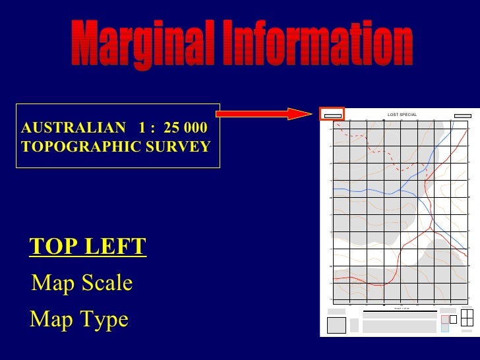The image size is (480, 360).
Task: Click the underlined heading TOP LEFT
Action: click(x=88, y=247)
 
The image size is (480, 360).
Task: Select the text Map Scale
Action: click(x=82, y=284)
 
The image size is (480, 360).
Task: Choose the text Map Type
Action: click(x=79, y=320)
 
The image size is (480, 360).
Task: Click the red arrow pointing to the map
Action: click(x=264, y=113)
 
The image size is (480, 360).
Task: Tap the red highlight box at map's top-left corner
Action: click(x=332, y=114)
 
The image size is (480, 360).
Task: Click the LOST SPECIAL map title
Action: click(x=402, y=115)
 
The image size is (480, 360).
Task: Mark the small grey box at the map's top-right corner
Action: click(x=463, y=115)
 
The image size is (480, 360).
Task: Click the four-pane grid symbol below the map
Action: click(x=467, y=318)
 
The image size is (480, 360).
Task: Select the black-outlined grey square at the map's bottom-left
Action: click(x=336, y=325)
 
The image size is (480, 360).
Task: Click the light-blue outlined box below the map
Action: click(x=445, y=328)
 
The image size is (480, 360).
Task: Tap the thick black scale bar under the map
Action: click(x=400, y=316)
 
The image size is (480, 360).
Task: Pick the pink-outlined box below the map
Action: click(x=445, y=319)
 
